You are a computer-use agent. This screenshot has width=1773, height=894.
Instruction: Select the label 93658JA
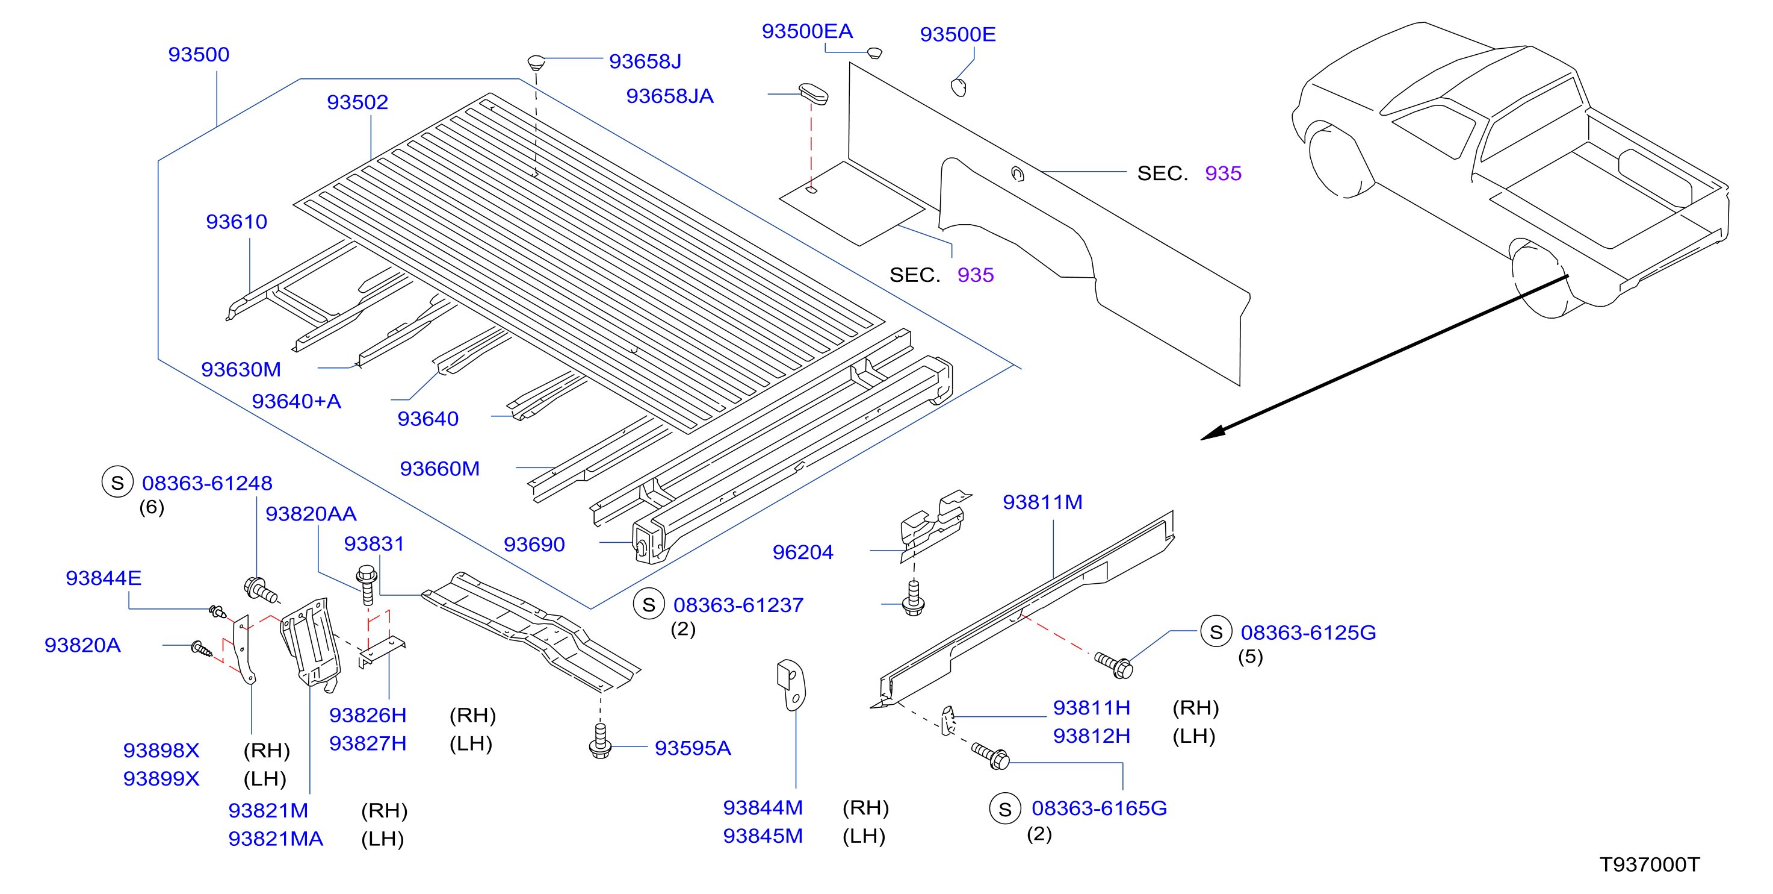click(669, 96)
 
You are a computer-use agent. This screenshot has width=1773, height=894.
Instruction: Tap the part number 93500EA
click(806, 31)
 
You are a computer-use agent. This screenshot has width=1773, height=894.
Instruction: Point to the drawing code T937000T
click(1649, 864)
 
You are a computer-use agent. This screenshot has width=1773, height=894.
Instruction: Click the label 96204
click(802, 552)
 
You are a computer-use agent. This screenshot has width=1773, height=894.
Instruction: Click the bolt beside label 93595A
click(600, 741)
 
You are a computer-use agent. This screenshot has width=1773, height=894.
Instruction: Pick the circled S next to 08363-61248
click(118, 482)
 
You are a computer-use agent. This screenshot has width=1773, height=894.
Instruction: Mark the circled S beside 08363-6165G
click(1005, 808)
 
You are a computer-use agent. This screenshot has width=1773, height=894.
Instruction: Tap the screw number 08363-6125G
click(1308, 633)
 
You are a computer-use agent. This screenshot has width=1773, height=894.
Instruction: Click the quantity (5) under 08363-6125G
click(1250, 657)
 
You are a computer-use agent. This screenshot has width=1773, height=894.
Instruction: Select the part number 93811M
click(1042, 502)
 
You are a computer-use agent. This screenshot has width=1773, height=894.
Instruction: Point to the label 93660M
click(439, 468)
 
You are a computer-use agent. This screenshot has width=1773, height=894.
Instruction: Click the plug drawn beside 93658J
click(536, 62)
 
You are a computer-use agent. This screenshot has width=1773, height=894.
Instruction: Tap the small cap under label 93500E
click(959, 87)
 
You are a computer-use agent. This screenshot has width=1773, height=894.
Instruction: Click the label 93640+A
click(296, 401)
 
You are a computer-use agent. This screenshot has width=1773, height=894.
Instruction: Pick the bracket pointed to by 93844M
click(791, 684)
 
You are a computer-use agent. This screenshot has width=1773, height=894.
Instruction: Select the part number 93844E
click(104, 577)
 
